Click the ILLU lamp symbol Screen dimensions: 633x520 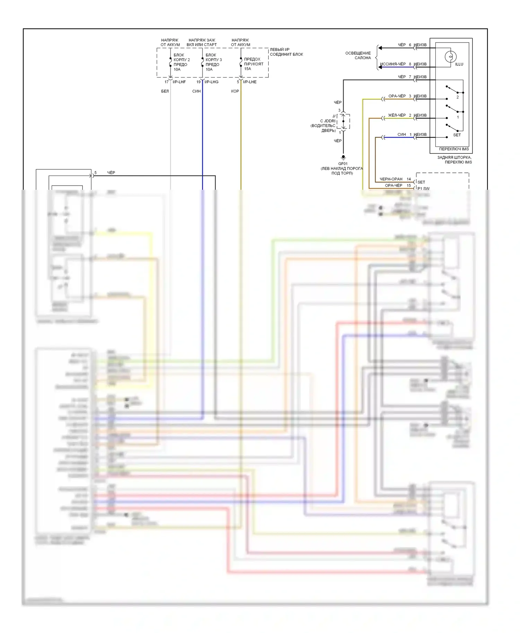tap(450, 56)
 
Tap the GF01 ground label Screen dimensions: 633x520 tap(343, 164)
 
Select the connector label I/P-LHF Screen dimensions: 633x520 tap(179, 82)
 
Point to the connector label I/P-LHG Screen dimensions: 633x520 tap(211, 82)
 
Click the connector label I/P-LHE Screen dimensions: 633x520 tap(250, 82)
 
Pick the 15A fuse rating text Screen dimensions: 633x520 tap(248, 69)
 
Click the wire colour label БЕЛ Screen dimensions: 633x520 tap(165, 91)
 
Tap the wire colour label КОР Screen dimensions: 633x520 tap(235, 91)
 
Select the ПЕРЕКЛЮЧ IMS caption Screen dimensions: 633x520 tap(454, 149)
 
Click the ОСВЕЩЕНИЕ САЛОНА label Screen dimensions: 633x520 tap(358, 55)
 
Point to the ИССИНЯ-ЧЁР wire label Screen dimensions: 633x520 tap(393, 64)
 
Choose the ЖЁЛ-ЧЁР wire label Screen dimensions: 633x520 tap(397, 115)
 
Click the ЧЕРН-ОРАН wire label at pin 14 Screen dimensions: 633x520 tap(391, 179)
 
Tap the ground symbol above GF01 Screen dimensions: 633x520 tap(343, 158)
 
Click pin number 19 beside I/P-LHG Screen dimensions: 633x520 tap(199, 82)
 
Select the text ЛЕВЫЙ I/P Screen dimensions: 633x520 tap(280, 50)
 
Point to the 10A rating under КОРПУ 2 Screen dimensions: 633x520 tap(177, 70)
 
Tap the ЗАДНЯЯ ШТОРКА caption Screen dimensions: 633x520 tap(454, 158)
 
